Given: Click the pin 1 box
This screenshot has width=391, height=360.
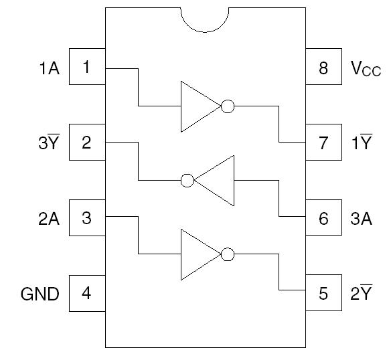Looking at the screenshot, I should (x=87, y=68).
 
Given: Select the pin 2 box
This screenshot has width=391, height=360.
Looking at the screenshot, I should (x=87, y=143).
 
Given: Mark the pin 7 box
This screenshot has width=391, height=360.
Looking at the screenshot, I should (x=324, y=143).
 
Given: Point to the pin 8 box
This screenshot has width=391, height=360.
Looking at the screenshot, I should (x=324, y=68).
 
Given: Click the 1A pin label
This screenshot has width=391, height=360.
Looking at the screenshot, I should (x=48, y=68).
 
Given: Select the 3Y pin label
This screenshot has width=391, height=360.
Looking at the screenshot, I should (x=48, y=143).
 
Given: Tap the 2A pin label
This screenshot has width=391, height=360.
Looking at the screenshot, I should (x=48, y=218).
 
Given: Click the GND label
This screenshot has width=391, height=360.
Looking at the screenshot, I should (x=40, y=294).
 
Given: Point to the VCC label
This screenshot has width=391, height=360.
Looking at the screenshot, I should (x=366, y=68).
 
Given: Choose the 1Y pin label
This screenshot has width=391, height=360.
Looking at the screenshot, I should (x=362, y=143).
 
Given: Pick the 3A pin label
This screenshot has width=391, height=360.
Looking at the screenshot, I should (x=362, y=218).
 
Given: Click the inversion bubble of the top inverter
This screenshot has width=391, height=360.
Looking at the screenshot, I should (x=228, y=106).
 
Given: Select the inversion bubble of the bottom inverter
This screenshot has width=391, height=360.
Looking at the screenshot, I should (x=228, y=254).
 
